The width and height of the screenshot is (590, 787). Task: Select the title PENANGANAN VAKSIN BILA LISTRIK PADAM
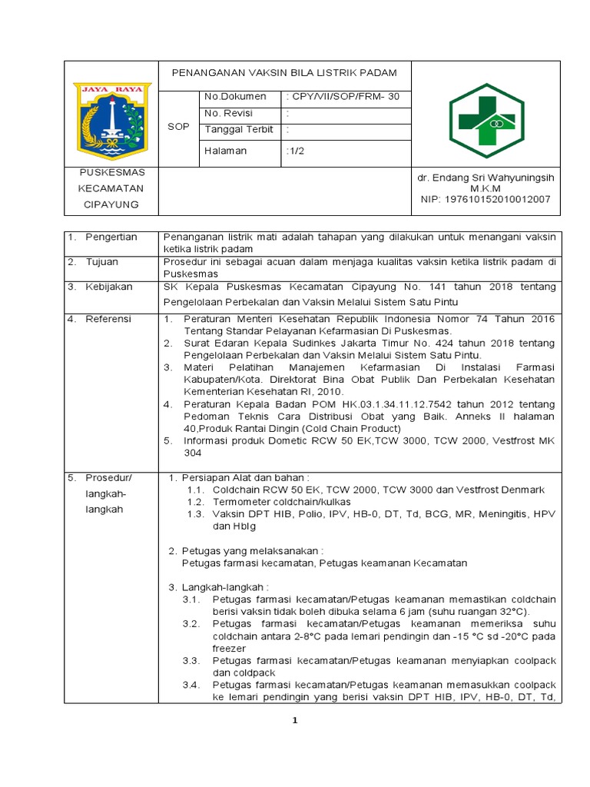click(x=284, y=73)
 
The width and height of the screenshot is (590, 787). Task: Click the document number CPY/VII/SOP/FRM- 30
click(x=343, y=97)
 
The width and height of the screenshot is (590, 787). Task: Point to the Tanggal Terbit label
click(x=239, y=129)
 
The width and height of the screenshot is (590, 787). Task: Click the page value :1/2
click(x=295, y=151)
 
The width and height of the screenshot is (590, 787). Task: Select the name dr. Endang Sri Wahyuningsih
click(x=486, y=178)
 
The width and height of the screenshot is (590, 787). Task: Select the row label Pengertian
click(x=111, y=237)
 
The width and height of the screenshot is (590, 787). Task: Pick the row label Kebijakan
click(x=109, y=287)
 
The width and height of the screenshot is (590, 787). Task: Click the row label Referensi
click(x=108, y=319)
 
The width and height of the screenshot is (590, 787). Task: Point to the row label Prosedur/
click(x=108, y=477)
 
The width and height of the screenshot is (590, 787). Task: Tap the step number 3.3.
click(x=191, y=661)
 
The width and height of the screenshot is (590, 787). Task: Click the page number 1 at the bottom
click(x=294, y=720)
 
